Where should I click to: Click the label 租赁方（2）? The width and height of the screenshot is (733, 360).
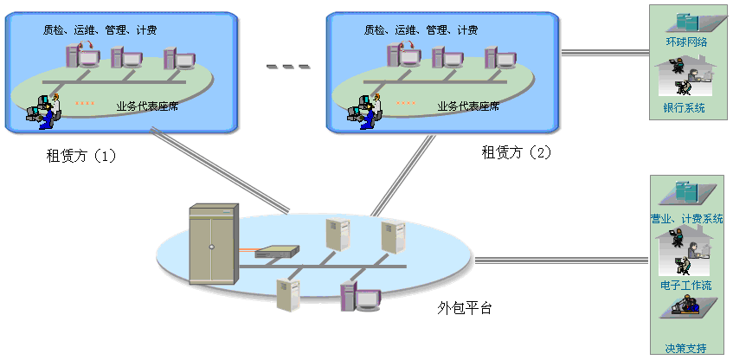(516, 152)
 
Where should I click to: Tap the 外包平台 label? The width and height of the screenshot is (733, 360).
(465, 309)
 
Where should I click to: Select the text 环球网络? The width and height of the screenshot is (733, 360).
(686, 42)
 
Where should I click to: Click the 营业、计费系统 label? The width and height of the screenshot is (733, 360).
(686, 219)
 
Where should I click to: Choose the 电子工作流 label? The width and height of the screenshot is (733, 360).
(685, 285)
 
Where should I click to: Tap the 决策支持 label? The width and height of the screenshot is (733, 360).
(685, 348)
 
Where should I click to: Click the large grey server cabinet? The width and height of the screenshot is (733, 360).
(213, 245)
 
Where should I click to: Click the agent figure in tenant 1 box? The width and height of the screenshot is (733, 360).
(42, 110)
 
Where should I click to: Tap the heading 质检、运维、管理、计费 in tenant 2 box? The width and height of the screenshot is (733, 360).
(421, 30)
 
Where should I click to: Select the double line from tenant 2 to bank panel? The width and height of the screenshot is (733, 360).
(605, 53)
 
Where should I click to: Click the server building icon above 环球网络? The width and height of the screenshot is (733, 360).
(686, 21)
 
